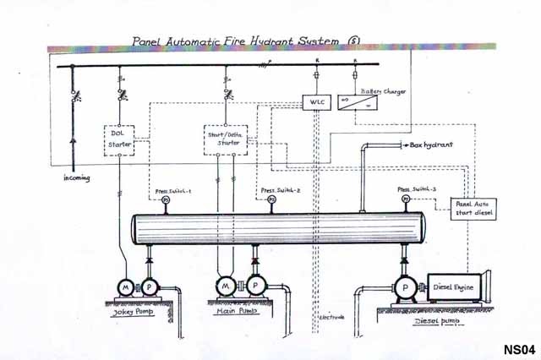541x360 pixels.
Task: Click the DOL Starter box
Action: (x=119, y=139)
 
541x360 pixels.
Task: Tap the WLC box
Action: (x=314, y=102)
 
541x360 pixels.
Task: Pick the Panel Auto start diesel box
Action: (x=475, y=208)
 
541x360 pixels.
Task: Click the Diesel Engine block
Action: (x=455, y=286)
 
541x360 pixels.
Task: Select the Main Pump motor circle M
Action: (x=225, y=287)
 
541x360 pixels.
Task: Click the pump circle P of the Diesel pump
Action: (x=405, y=286)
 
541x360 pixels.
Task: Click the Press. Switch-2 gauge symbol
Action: (x=270, y=201)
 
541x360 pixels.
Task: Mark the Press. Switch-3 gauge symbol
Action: (x=406, y=199)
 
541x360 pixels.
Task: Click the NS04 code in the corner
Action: (x=518, y=348)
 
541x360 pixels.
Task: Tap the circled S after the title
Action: (x=352, y=40)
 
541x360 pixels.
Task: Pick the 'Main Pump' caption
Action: (x=233, y=312)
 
